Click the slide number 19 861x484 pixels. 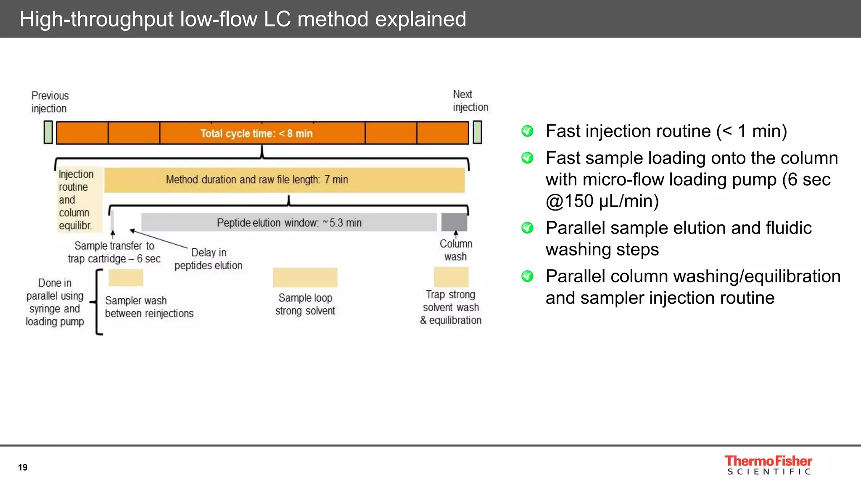pos(23,467)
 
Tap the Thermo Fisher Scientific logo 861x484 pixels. pos(768,465)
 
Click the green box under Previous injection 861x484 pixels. pos(48,132)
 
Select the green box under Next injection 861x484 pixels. pos(477,132)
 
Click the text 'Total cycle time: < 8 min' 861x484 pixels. pos(256,134)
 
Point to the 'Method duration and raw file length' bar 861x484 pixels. pos(284,180)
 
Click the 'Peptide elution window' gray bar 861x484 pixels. pos(289,223)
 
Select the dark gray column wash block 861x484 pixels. pos(454,222)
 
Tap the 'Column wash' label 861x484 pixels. pos(456,250)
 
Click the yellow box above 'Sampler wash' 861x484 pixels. pos(126,278)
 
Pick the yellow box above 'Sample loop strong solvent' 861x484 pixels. pos(305,278)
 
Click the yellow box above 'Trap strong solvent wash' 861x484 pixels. pos(451,277)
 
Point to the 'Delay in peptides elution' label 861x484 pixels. pos(209,259)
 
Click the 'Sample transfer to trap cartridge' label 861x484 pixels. pos(114,252)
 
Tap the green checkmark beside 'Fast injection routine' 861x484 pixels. pos(527,131)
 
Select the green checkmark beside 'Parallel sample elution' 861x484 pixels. pos(527,228)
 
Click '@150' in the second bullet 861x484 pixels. pos(570,201)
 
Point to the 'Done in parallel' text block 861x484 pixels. pos(55,302)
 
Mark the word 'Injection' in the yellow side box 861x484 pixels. pos(76,174)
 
